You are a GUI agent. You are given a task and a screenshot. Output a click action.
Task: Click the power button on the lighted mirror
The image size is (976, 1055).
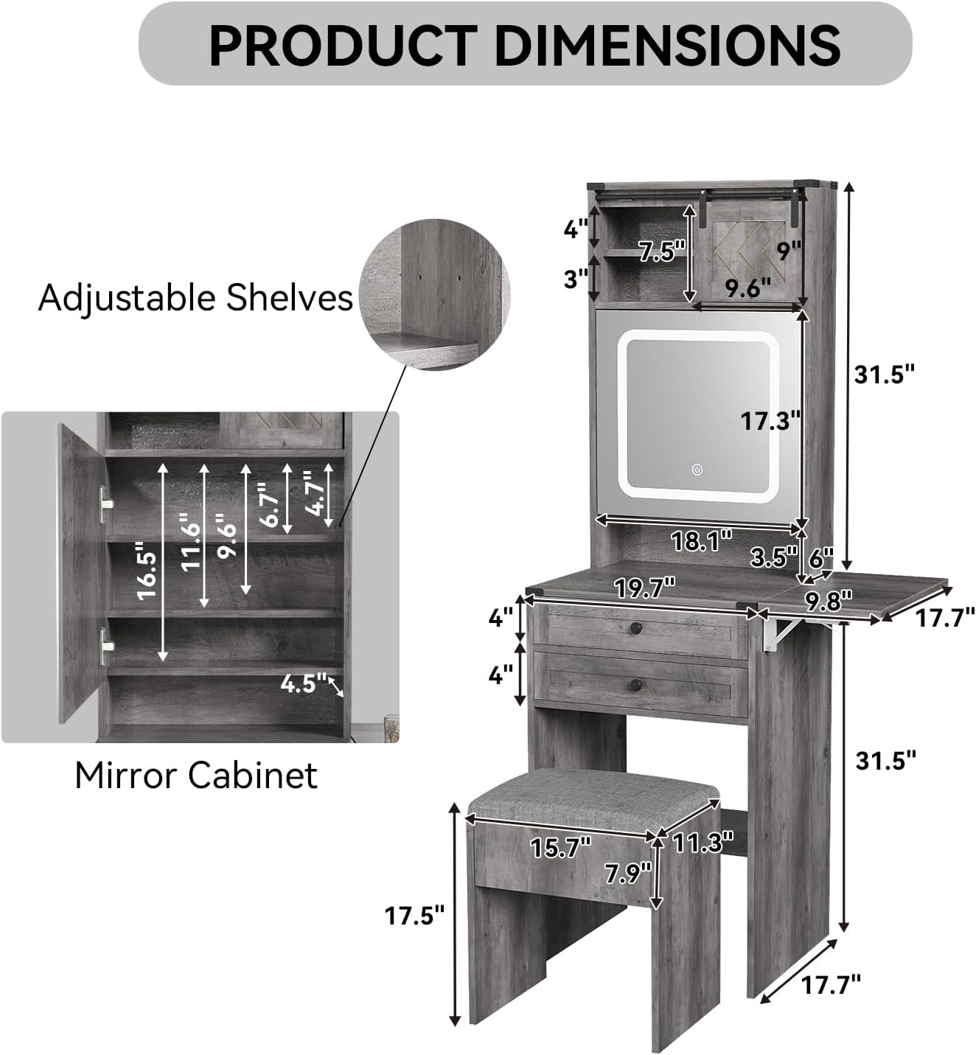[x=697, y=470]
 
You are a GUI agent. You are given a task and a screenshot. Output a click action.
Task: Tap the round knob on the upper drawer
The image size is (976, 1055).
[x=635, y=628]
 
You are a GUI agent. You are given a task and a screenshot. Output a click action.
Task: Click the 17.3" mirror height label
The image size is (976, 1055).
[x=770, y=421]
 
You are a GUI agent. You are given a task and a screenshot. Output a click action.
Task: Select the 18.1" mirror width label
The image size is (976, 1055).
[x=701, y=541]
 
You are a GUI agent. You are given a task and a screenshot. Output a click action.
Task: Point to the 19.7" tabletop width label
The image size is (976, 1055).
[x=644, y=588]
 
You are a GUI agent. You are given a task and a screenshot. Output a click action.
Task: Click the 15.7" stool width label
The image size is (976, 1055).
[x=560, y=847]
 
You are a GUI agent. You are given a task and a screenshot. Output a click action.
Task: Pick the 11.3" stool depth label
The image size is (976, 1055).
[x=703, y=843]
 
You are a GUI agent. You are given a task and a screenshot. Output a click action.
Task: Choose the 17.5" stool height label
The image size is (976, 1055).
[x=414, y=916]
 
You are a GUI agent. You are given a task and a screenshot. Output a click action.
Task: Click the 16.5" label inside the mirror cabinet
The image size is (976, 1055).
[x=147, y=571]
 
